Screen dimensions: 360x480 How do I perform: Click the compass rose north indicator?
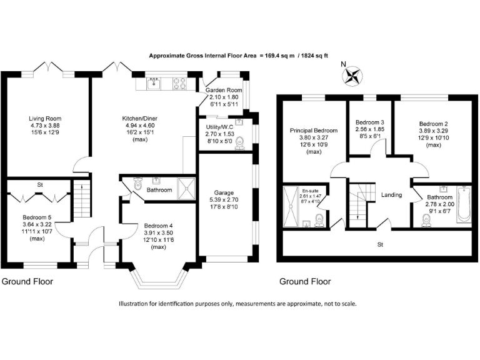(352, 75)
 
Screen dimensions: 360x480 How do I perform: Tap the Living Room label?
(44, 118)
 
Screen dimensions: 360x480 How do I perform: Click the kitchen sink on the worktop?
(154, 82)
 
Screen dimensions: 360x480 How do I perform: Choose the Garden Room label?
(224, 90)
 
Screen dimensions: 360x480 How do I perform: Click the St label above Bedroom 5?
(39, 185)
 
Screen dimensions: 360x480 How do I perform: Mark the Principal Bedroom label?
(313, 131)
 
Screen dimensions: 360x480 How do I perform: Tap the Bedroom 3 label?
(369, 122)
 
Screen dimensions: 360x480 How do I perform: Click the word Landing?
(391, 195)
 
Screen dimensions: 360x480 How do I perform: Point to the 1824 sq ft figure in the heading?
(331, 55)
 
